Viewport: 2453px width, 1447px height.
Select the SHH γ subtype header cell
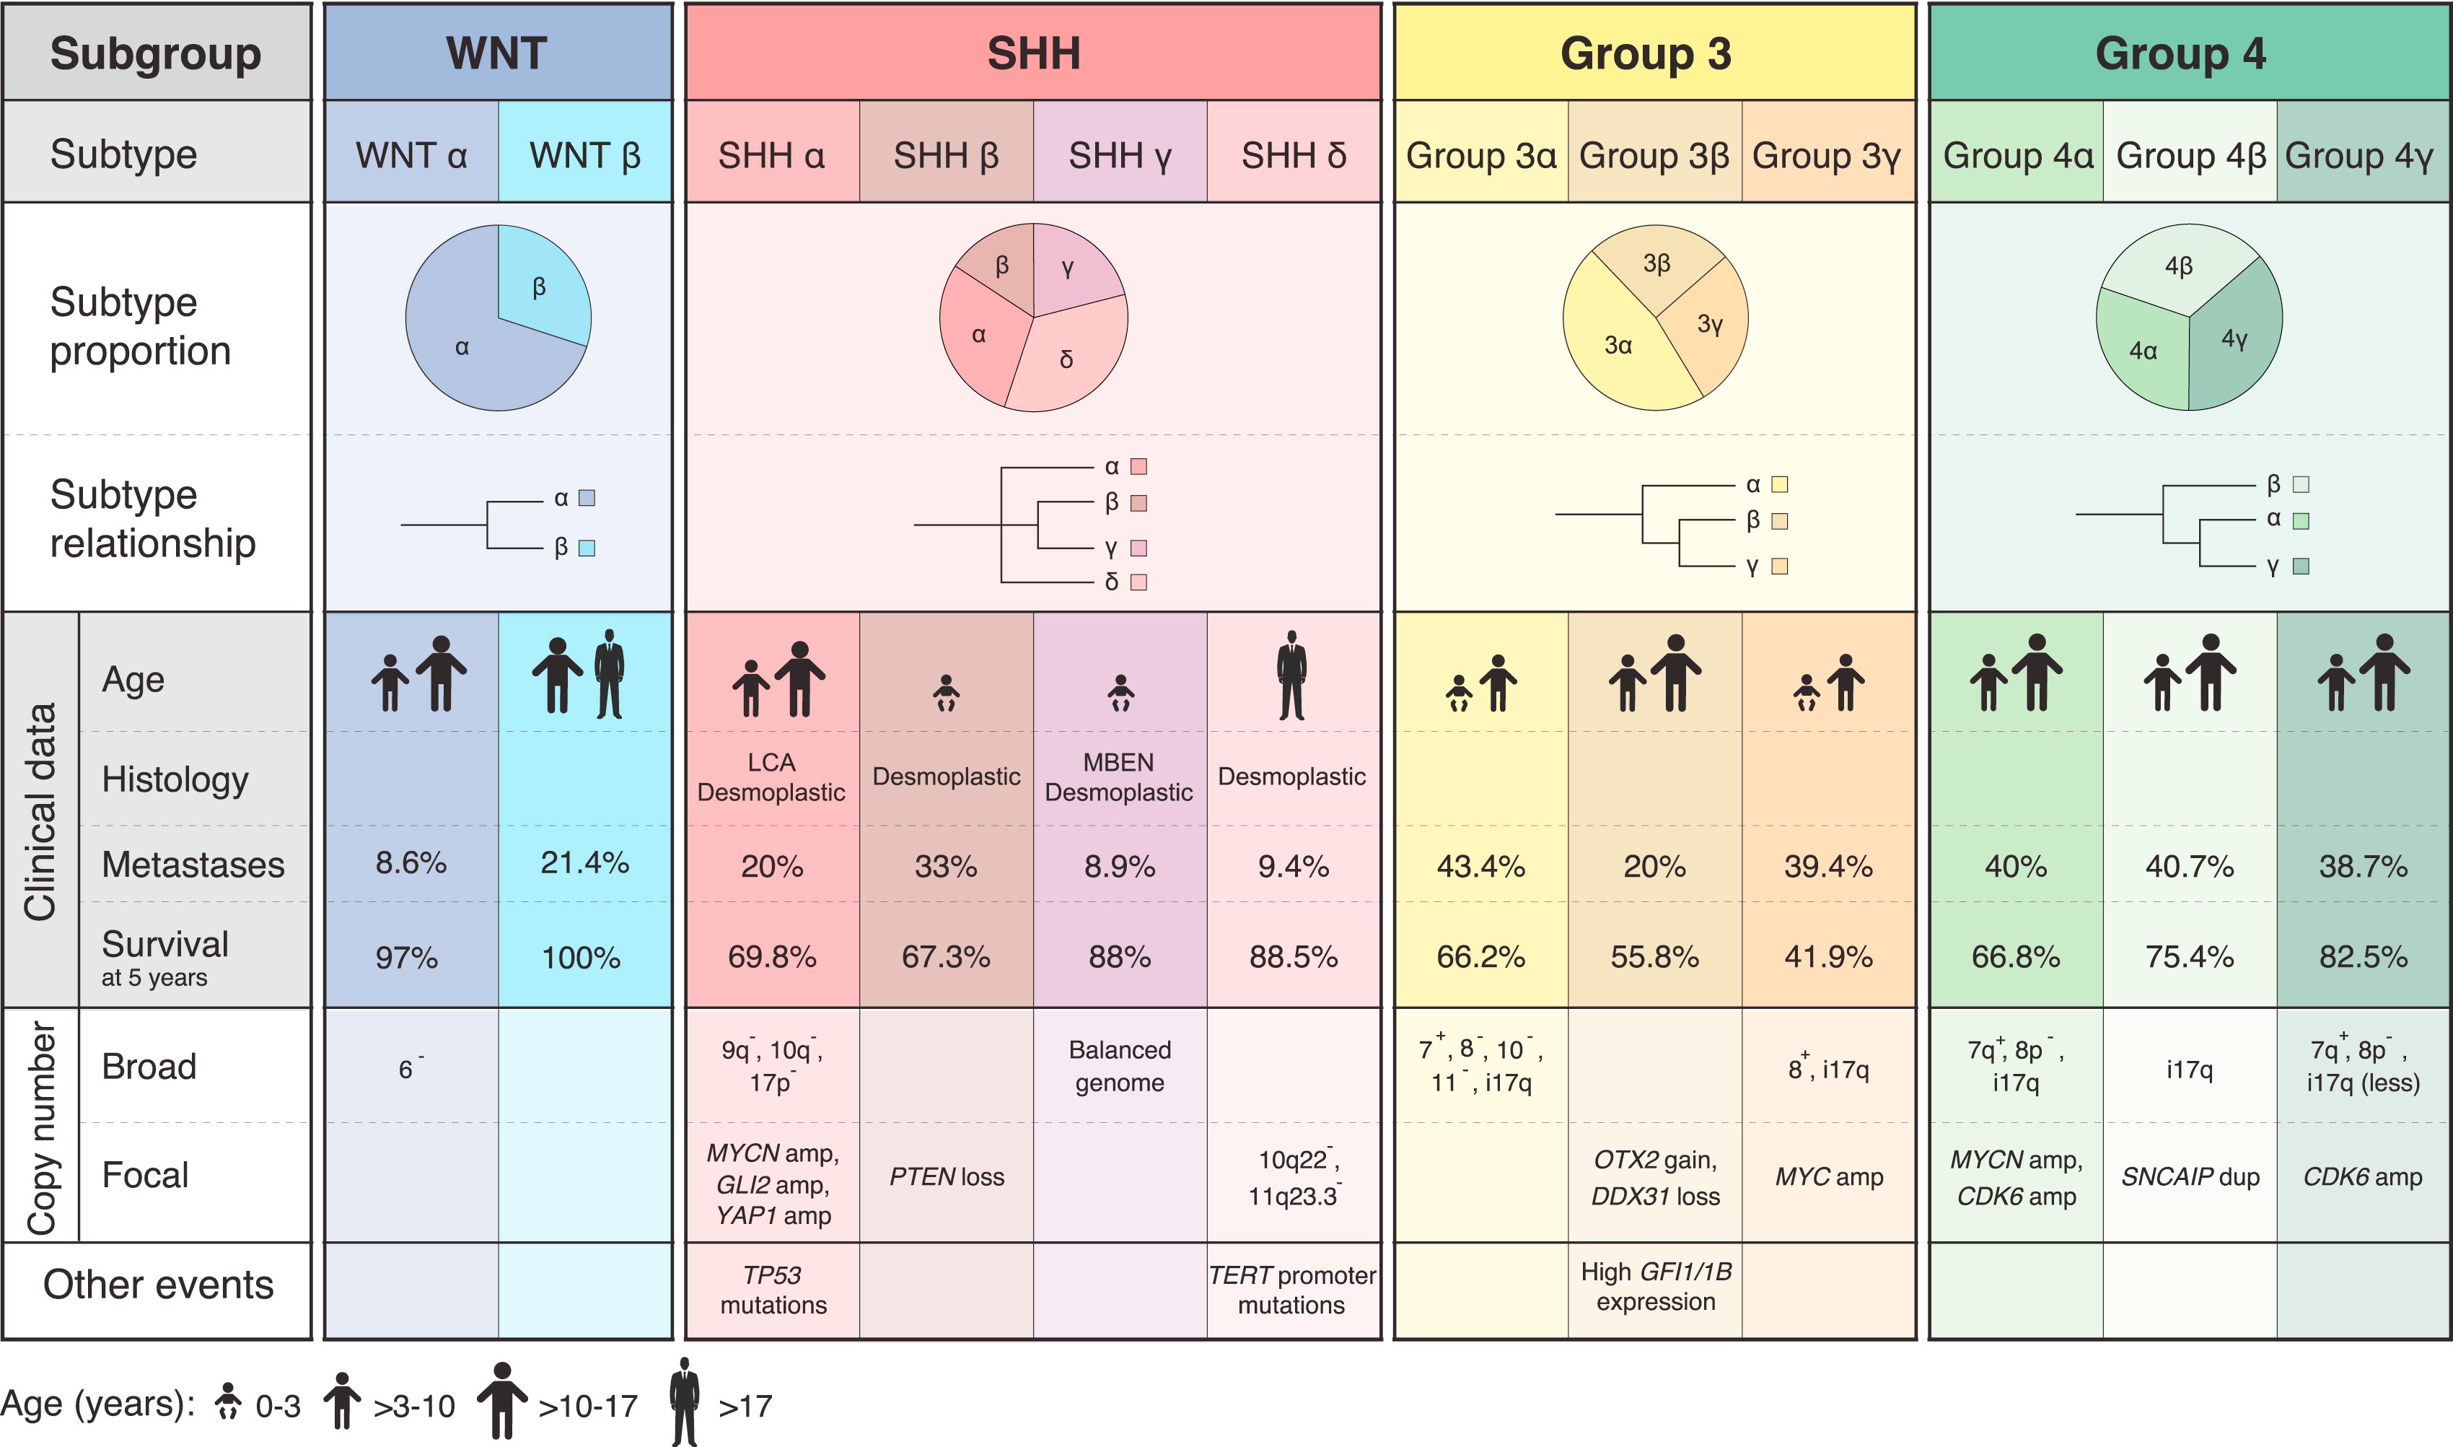click(1120, 155)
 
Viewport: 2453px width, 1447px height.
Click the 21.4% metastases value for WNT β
click(584, 863)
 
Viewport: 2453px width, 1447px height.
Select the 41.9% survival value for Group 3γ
click(1828, 956)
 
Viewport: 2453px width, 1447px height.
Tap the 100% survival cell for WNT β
click(581, 958)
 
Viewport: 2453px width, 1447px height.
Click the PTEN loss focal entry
click(947, 1177)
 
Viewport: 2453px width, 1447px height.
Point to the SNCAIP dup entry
click(2190, 1177)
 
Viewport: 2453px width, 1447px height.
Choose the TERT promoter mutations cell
click(1292, 1289)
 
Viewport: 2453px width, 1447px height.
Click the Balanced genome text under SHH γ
click(1120, 1066)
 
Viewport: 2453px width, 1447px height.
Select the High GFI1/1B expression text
click(1655, 1286)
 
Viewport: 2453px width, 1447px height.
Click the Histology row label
click(175, 779)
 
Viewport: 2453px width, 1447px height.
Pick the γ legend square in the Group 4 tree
click(2301, 566)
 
